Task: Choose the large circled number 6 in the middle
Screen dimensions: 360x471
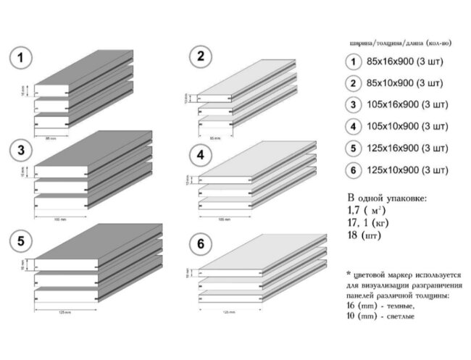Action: pyautogui.click(x=200, y=245)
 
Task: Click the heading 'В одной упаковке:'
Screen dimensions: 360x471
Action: pyautogui.click(x=386, y=198)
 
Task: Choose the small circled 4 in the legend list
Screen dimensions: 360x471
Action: pyautogui.click(x=353, y=127)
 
